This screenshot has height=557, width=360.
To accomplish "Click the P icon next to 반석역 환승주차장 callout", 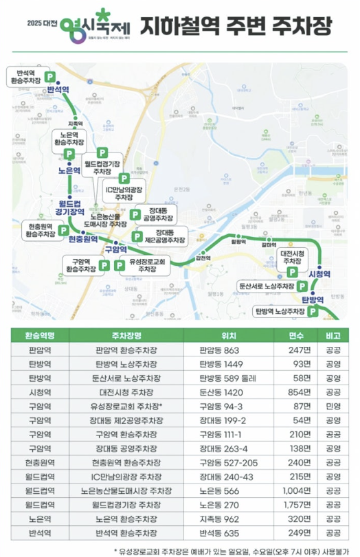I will tap(49, 76).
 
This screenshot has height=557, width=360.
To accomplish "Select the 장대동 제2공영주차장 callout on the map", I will tap(166, 237).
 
